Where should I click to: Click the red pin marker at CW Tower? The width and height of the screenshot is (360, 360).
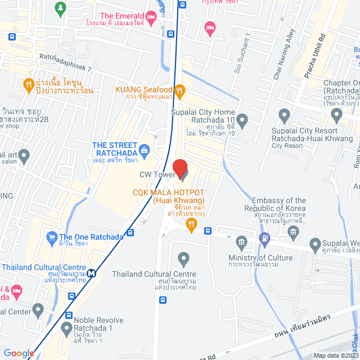click(179, 168)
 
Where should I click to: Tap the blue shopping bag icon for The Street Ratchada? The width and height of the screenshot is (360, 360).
click(145, 150)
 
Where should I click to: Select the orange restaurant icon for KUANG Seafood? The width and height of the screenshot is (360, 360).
click(179, 89)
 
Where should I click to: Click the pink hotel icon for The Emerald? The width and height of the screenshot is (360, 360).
click(151, 16)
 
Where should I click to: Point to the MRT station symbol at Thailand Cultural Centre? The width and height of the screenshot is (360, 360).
click(91, 273)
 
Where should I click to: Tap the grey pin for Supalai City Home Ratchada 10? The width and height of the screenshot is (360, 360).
click(242, 120)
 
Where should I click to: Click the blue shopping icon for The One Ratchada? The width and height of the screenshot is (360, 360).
click(52, 237)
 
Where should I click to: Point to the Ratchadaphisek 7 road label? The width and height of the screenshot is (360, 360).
click(65, 57)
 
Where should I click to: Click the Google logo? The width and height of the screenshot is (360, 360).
click(18, 353)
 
